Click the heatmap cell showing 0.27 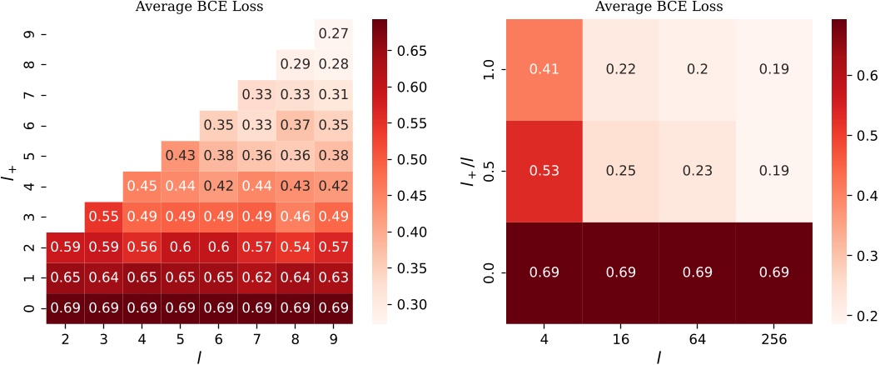pyautogui.click(x=334, y=34)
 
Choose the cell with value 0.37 pyautogui.click(x=296, y=126)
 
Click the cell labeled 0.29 pyautogui.click(x=296, y=64)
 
